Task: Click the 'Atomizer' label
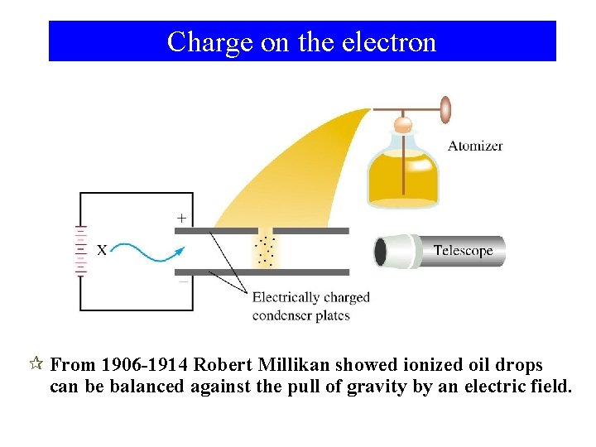475,147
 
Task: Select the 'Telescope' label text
463,251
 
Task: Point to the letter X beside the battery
102,249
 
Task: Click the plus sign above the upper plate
182,219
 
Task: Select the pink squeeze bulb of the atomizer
445,109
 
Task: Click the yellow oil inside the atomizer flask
402,178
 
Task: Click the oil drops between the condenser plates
265,252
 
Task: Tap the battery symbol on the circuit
80,248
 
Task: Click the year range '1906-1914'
146,365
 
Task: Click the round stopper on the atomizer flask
403,124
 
